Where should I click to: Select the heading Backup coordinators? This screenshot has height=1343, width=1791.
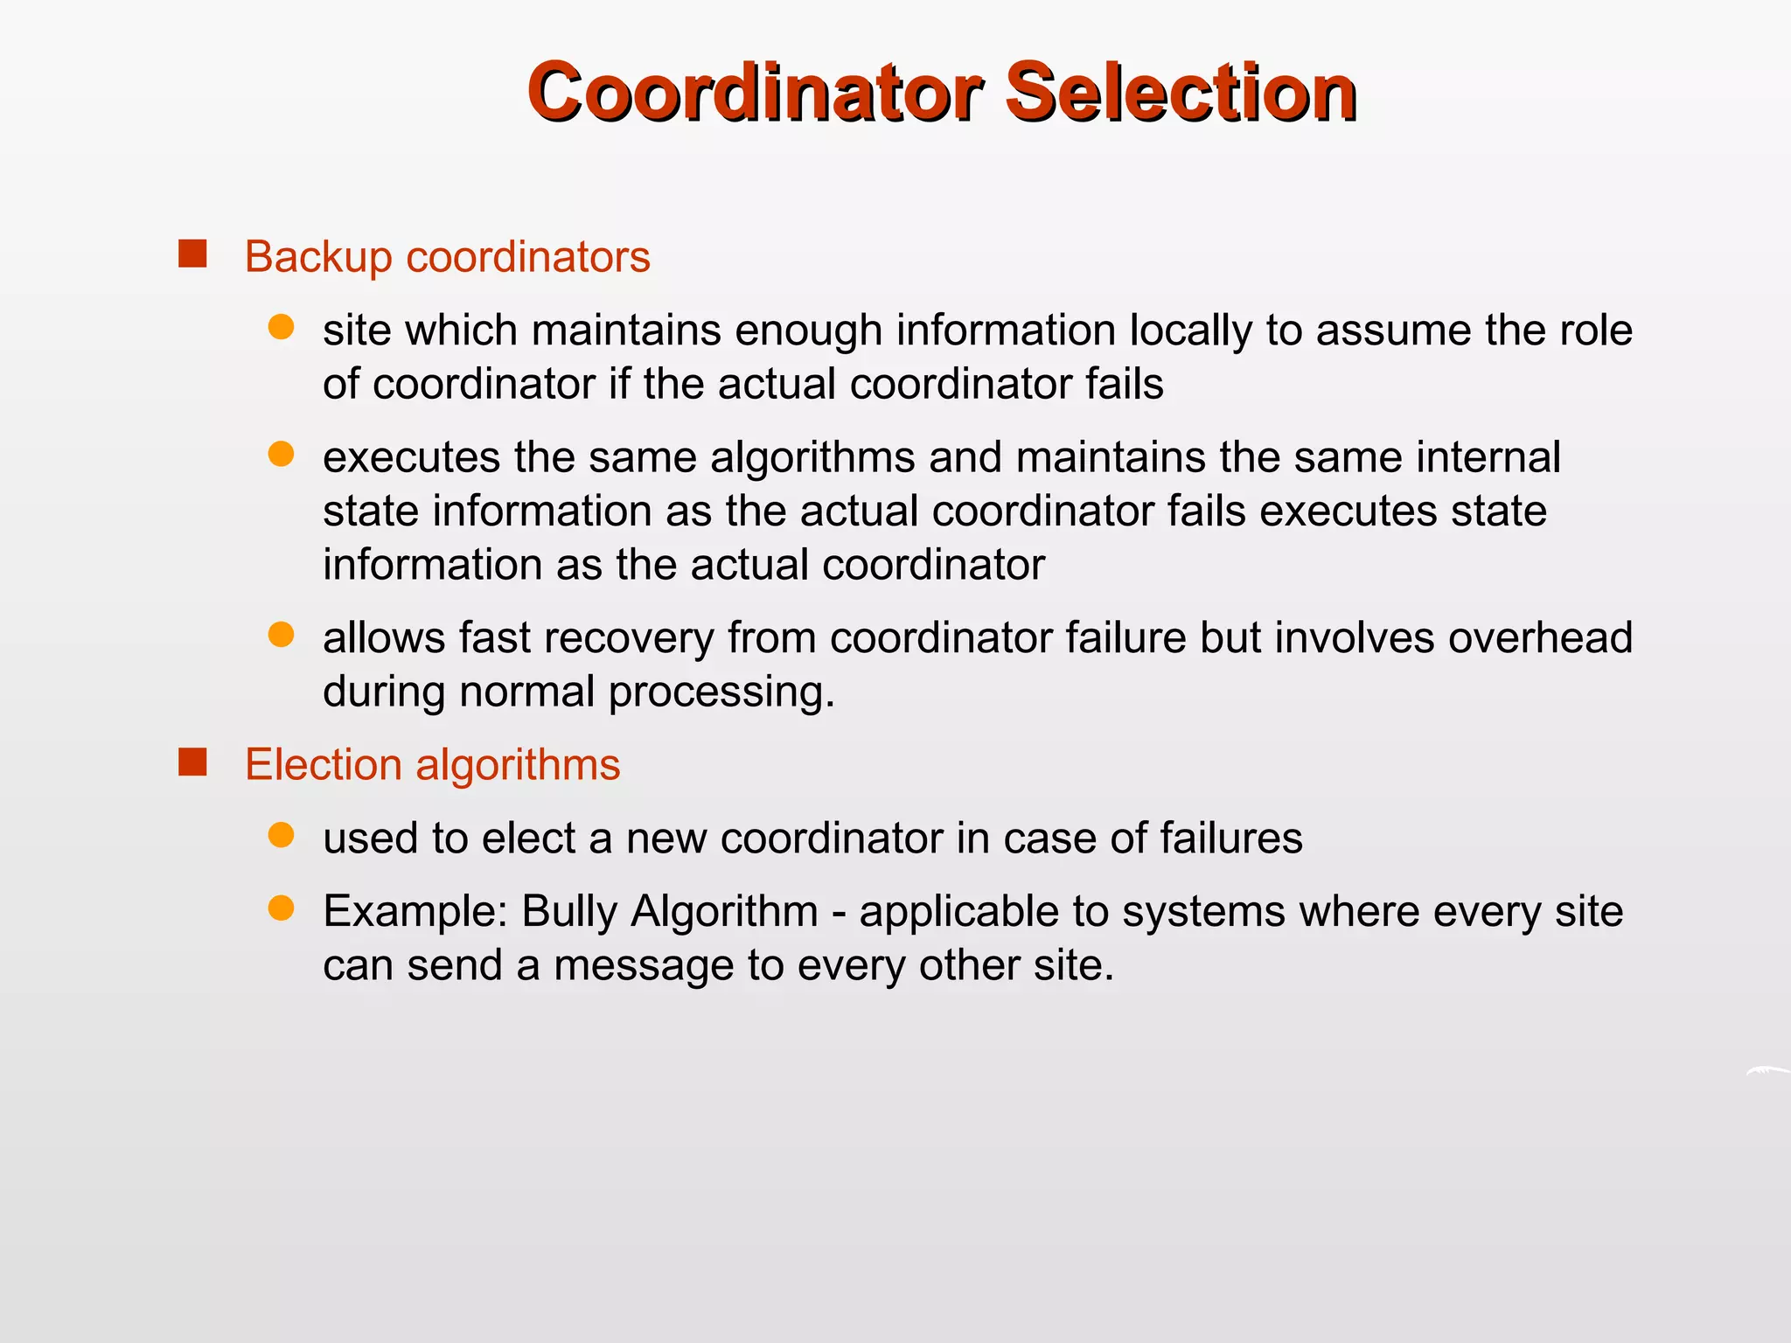tap(447, 257)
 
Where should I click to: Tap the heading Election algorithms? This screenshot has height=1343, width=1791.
tap(432, 765)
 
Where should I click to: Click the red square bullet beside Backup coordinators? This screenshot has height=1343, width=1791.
tap(192, 254)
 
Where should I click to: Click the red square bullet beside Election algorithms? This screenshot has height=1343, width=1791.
tap(192, 762)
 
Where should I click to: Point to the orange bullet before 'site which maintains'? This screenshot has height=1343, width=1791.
tap(281, 328)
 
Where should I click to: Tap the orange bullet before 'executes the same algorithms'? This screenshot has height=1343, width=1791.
tap(281, 455)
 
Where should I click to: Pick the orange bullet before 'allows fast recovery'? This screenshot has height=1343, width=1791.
tap(281, 635)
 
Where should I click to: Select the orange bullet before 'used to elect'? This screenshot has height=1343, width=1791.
tap(281, 836)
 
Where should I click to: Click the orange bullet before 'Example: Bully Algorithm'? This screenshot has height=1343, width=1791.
tap(281, 909)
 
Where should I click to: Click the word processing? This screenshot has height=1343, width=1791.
tap(721, 692)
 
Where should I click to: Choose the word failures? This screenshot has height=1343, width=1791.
tap(1230, 838)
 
